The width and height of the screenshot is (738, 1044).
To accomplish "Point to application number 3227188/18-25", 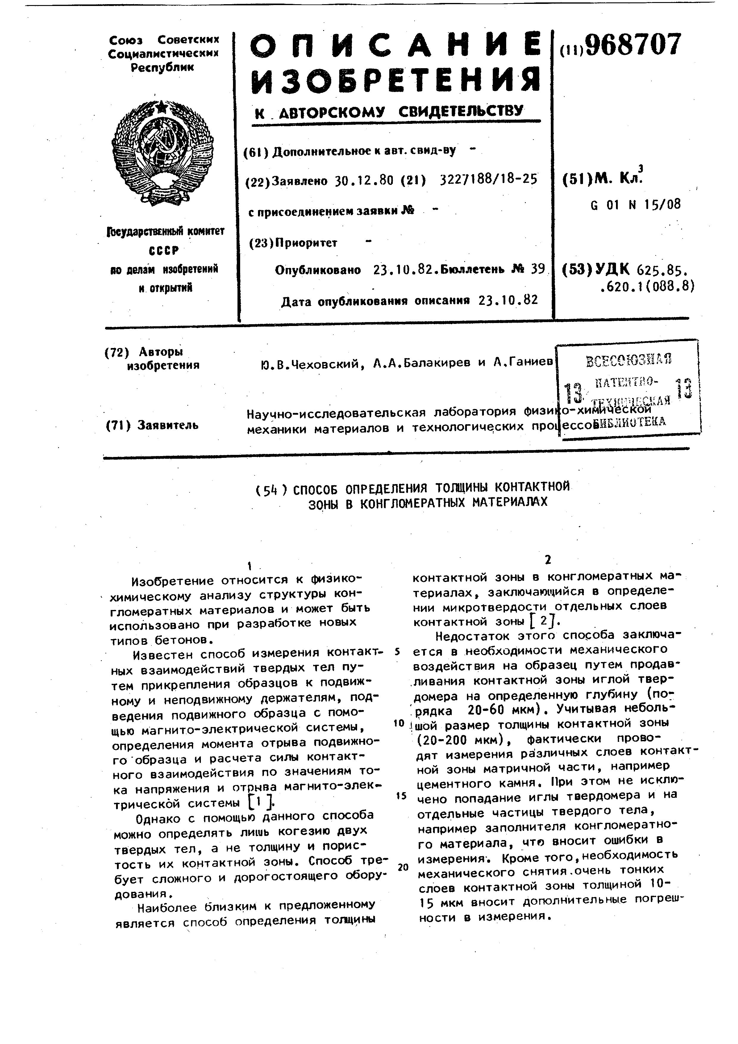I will (489, 180).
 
